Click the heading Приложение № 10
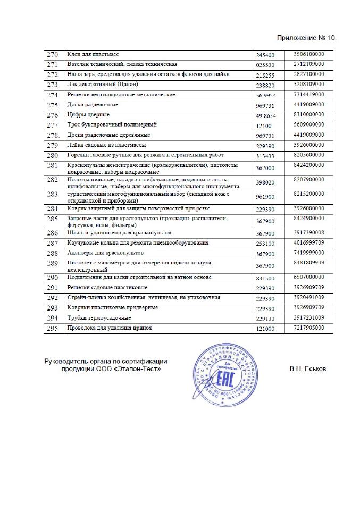coord(307,38)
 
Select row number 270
coord(53,55)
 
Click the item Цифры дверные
coord(88,114)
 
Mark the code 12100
coord(263,125)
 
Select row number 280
coord(53,155)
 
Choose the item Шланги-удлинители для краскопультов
coord(118,233)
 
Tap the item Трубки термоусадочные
coord(98,317)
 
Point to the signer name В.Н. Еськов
coord(308,368)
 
